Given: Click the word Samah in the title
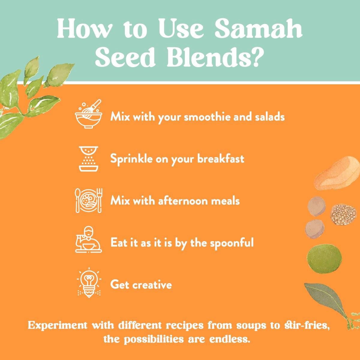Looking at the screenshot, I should tap(258, 29).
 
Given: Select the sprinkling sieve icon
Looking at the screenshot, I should tap(88, 159).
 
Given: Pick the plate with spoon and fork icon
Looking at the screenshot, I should tap(88, 200).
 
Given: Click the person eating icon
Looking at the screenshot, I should tap(88, 240).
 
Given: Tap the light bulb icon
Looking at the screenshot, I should tap(89, 282).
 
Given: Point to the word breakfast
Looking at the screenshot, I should tap(220, 159).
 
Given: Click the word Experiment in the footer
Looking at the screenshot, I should tap(58, 325).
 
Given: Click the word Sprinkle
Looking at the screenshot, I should tap(131, 159).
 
